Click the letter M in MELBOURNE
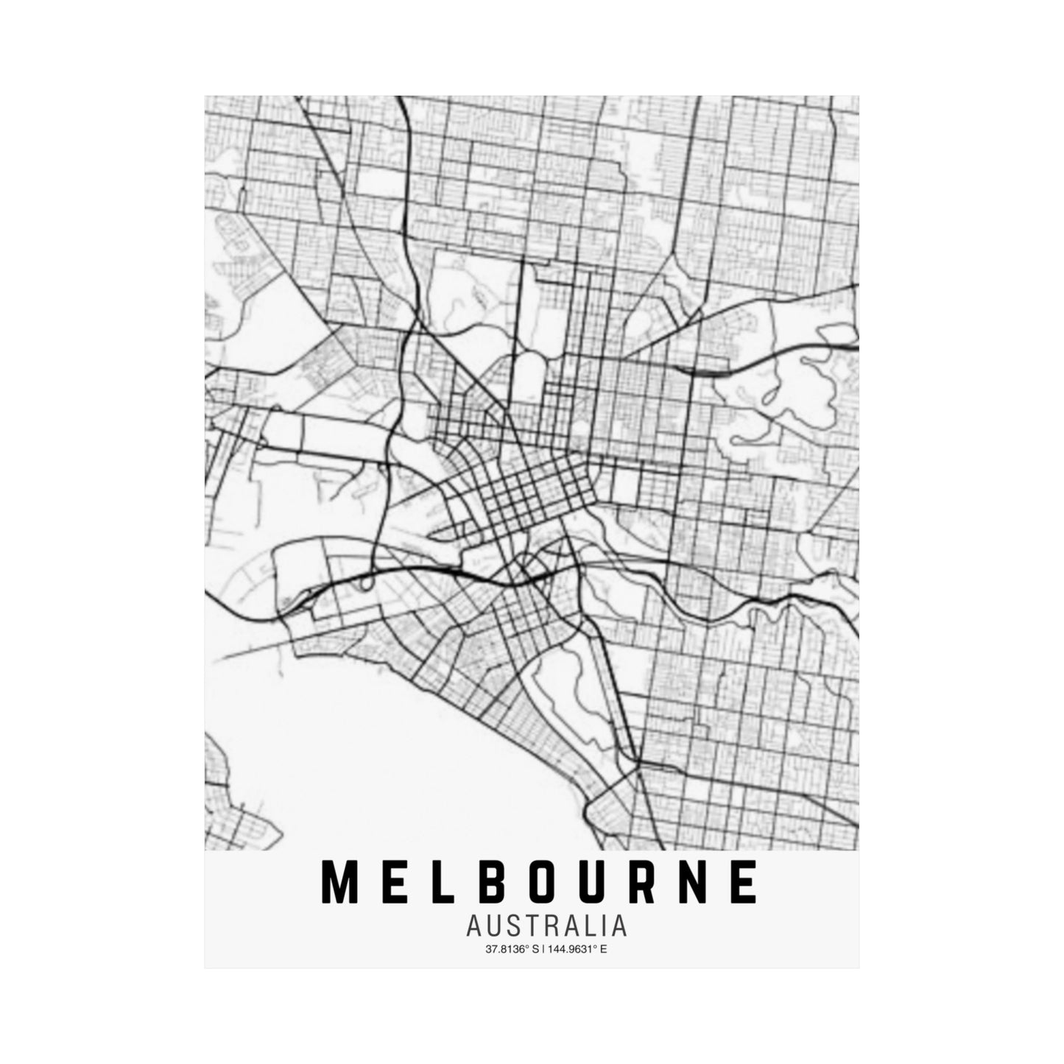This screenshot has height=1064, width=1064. pyautogui.click(x=338, y=883)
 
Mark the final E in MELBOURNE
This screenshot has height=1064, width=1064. pyautogui.click(x=744, y=883)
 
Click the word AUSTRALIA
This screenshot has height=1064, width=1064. pyautogui.click(x=546, y=926)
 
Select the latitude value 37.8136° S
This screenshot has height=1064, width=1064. pyautogui.click(x=512, y=949)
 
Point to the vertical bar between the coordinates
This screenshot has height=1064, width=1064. pyautogui.click(x=543, y=949)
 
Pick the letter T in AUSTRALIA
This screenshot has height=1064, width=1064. pyautogui.click(x=533, y=926)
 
